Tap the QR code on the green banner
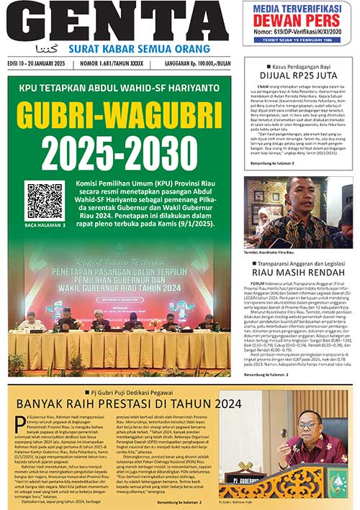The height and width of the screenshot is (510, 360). click(x=45, y=201)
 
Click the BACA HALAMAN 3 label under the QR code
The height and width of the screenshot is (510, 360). click(x=45, y=225)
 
